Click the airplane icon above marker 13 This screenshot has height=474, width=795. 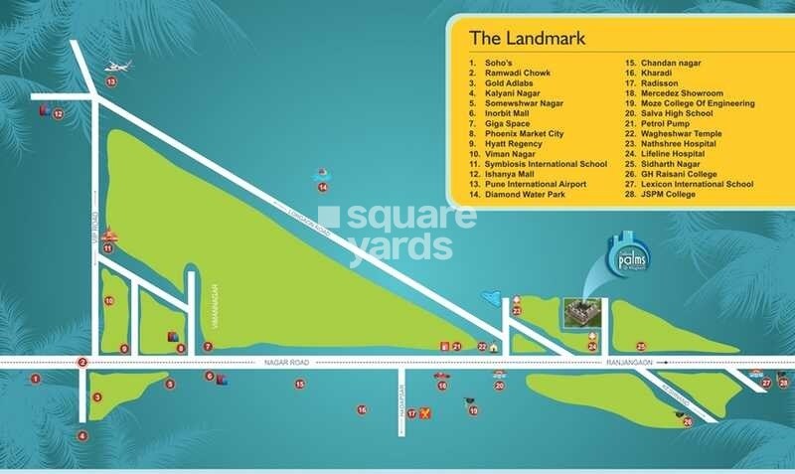tap(117, 67)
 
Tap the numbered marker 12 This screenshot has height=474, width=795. tap(58, 114)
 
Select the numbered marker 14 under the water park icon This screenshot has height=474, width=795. tap(322, 187)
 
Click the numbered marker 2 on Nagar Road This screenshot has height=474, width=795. tap(83, 363)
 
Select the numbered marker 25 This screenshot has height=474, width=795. tap(641, 346)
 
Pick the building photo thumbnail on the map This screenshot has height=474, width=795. tap(579, 313)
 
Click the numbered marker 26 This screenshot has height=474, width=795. tap(687, 421)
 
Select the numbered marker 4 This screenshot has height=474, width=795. tap(83, 435)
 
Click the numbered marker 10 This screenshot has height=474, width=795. tap(109, 300)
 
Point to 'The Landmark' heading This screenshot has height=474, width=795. tap(527, 40)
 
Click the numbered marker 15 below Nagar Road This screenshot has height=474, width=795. tap(299, 384)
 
